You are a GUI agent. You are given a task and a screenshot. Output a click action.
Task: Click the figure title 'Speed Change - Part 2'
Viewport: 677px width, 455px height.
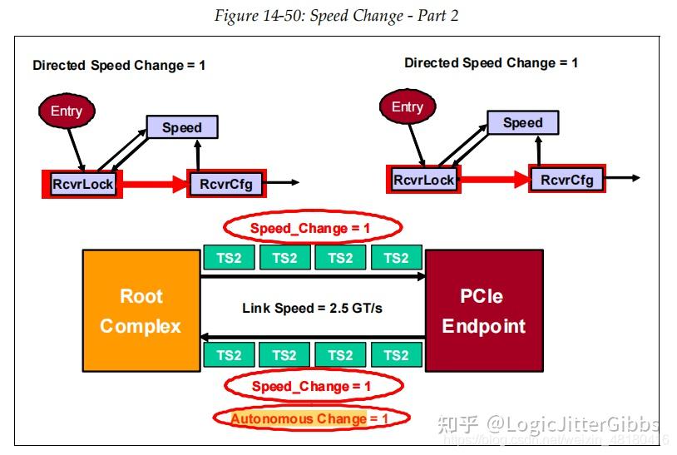pyautogui.click(x=336, y=16)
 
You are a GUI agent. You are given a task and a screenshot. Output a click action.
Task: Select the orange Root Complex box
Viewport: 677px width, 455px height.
pyautogui.click(x=140, y=310)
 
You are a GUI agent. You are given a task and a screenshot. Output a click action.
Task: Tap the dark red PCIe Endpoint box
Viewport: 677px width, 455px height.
pyautogui.click(x=483, y=310)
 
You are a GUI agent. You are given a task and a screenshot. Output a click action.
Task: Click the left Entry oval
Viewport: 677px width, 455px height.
pyautogui.click(x=67, y=111)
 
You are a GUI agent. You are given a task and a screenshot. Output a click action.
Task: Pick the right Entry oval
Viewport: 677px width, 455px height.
pyautogui.click(x=407, y=107)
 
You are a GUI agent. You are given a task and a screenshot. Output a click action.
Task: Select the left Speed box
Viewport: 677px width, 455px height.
pyautogui.click(x=182, y=127)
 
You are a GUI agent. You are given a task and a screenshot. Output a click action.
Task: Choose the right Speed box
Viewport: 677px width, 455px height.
pyautogui.click(x=522, y=123)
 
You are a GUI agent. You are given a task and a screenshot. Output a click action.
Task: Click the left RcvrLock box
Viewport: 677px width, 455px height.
pyautogui.click(x=82, y=183)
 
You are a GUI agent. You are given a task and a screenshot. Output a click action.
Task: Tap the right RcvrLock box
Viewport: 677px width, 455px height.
pyautogui.click(x=423, y=179)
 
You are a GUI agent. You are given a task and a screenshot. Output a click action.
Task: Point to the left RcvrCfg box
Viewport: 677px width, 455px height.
pyautogui.click(x=226, y=183)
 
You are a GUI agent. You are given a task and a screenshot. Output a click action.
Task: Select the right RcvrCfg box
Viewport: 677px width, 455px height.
pyautogui.click(x=567, y=179)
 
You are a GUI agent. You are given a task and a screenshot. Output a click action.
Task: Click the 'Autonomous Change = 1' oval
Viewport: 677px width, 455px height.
pyautogui.click(x=309, y=418)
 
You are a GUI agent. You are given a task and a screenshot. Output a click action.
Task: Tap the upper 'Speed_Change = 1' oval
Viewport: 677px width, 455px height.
pyautogui.click(x=312, y=227)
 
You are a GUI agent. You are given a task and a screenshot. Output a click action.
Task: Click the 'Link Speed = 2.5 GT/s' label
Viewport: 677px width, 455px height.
pyautogui.click(x=312, y=308)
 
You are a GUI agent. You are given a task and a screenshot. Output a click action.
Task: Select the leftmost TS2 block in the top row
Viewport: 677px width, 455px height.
pyautogui.click(x=229, y=258)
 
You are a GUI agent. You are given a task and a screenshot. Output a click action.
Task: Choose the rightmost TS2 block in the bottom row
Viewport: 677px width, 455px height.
pyautogui.click(x=396, y=355)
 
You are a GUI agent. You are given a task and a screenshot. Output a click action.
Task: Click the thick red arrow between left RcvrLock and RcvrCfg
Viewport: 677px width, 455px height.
pyautogui.click(x=155, y=184)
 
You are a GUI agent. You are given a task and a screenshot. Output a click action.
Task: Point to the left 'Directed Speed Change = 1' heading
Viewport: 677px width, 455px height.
pyautogui.click(x=119, y=65)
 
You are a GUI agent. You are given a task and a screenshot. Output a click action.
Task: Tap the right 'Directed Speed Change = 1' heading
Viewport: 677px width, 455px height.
pyautogui.click(x=491, y=62)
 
